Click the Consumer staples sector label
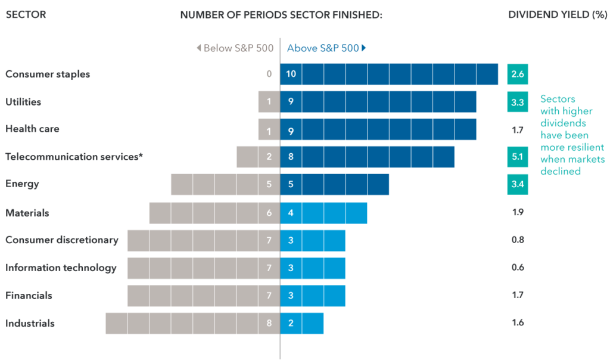point(48,75)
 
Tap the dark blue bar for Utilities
point(378,102)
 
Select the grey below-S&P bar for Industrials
point(192,323)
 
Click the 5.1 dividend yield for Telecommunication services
point(517,157)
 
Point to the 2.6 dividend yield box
point(517,75)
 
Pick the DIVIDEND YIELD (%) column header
point(557,15)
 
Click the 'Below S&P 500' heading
point(235,48)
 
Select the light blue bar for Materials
point(323,213)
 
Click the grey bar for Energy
point(225,184)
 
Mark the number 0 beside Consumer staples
point(269,74)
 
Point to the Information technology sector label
point(61,268)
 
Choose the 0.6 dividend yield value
point(517,268)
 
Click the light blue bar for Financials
point(313,296)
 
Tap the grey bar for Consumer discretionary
point(204,240)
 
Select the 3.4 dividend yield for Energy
point(517,184)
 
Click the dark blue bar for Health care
point(378,129)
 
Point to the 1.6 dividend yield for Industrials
point(517,323)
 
